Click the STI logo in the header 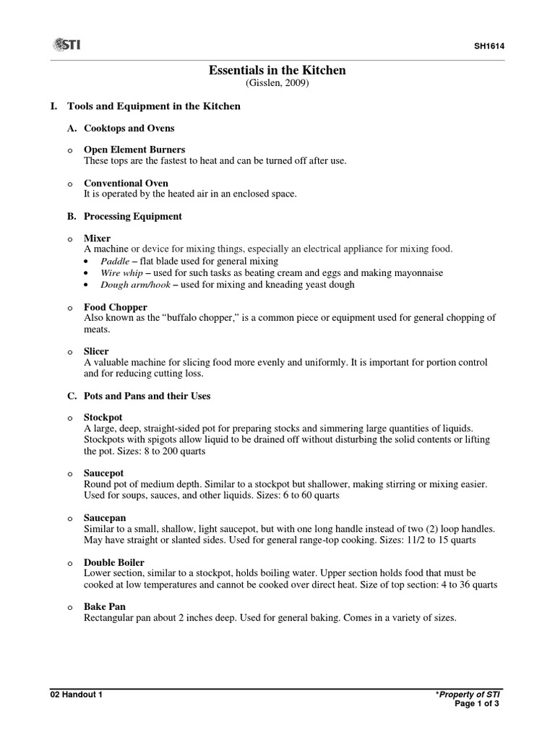[66, 46]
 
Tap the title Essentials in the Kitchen [277, 70]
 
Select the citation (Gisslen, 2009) [277, 84]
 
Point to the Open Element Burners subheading [134, 150]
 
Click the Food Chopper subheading [116, 307]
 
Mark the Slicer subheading [96, 351]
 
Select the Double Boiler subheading [114, 562]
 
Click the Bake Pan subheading [105, 606]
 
